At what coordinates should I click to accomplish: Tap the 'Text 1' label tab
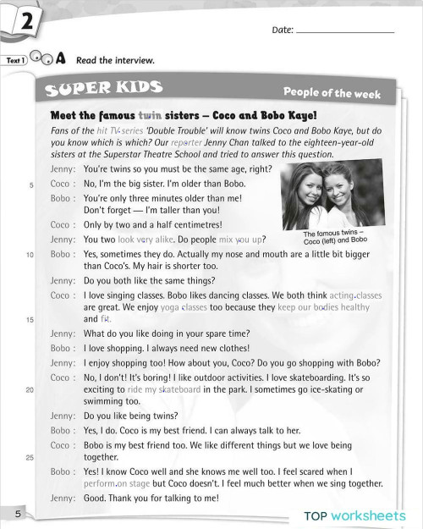16,61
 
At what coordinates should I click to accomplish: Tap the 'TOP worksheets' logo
355,515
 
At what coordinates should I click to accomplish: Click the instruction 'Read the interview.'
115,61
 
